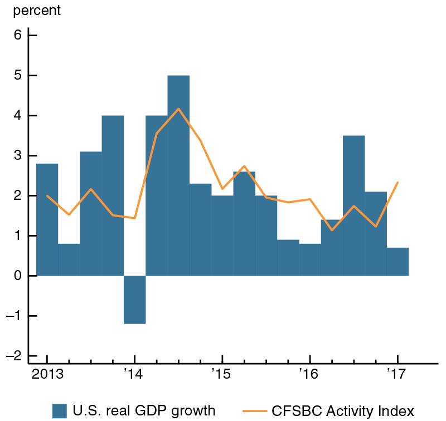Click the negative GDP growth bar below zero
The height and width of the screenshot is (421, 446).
pos(134,300)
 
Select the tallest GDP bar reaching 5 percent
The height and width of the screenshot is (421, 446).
pos(178,175)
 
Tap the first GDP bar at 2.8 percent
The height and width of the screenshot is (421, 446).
pos(47,219)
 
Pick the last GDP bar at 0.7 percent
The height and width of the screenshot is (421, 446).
pos(397,262)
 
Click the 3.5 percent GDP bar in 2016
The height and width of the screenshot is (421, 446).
pos(353,205)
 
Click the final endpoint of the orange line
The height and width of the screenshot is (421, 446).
pos(397,182)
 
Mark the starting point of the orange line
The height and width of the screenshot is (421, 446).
pos(47,195)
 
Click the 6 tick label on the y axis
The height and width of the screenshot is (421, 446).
pos(17,36)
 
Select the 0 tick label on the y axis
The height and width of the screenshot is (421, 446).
pos(17,276)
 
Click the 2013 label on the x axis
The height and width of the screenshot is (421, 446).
pos(47,371)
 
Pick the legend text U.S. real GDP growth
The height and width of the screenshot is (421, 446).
pos(144,411)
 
